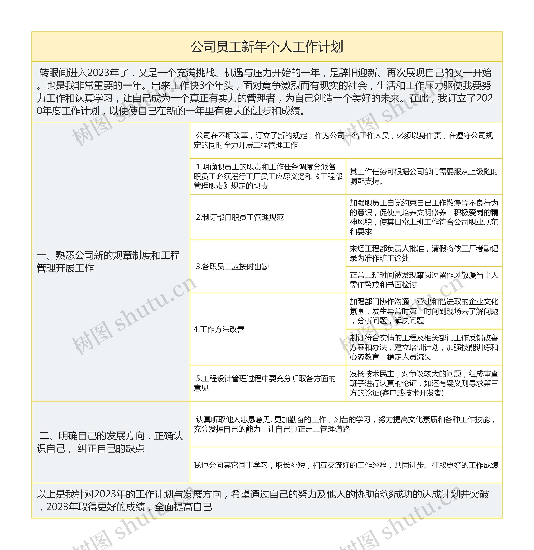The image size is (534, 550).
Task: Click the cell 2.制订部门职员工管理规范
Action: (x=240, y=217)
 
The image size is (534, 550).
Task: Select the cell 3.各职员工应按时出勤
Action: (x=232, y=267)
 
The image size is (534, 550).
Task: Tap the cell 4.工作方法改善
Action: (x=219, y=329)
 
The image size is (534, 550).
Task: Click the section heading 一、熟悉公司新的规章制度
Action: (x=108, y=262)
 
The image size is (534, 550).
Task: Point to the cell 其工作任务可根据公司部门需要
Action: (x=424, y=176)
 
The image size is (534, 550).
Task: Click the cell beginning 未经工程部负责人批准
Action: (x=424, y=253)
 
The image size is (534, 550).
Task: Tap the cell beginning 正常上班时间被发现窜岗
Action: (x=424, y=280)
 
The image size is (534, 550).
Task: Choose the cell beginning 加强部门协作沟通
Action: (x=424, y=311)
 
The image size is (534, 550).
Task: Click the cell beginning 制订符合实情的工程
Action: (x=424, y=347)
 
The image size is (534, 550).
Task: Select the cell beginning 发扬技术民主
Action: (x=424, y=383)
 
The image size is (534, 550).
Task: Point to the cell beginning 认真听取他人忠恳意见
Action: (x=345, y=424)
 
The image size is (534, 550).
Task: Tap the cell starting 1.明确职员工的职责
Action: (x=268, y=176)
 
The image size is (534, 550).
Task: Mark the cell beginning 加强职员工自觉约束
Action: (x=424, y=217)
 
